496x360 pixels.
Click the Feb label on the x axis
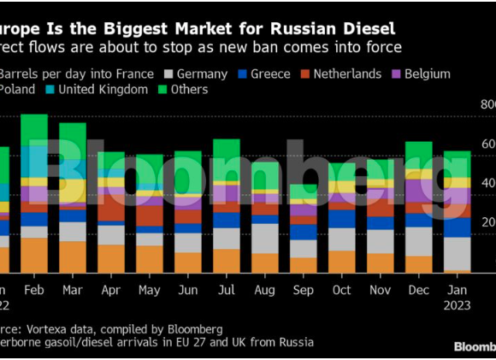click(x=33, y=290)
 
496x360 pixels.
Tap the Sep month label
click(x=303, y=290)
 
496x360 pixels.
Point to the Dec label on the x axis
click(x=418, y=290)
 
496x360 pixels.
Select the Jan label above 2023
click(x=457, y=290)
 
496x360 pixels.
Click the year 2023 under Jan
click(x=457, y=305)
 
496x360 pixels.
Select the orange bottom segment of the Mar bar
click(x=73, y=257)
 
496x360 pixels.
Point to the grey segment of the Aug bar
click(x=265, y=239)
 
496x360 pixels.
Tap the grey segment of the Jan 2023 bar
click(x=458, y=253)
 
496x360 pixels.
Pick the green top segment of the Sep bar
click(x=304, y=192)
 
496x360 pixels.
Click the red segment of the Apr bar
click(x=111, y=209)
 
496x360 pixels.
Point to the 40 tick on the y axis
click(x=487, y=183)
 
